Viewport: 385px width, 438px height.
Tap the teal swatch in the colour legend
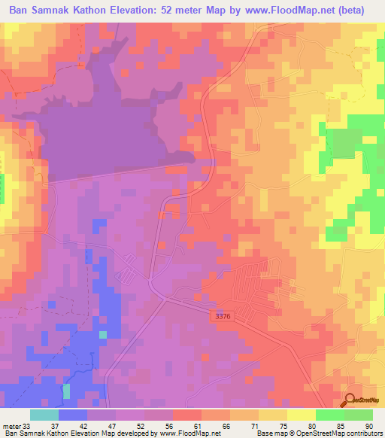pos(44,415)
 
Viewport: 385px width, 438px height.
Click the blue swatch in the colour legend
pos(73,415)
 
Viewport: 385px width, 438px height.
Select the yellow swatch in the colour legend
pos(302,415)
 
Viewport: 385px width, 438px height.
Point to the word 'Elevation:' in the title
pos(138,11)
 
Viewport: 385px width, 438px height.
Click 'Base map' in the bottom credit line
pos(270,433)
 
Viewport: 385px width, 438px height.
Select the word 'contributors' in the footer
pos(363,433)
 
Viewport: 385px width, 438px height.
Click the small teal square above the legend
pos(66,391)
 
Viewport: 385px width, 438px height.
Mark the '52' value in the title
pos(174,11)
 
